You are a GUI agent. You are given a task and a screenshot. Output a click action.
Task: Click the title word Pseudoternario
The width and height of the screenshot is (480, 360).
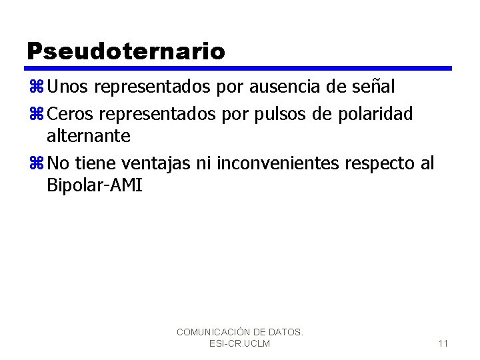click(x=126, y=51)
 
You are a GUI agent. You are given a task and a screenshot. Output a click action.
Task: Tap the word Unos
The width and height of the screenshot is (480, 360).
click(x=69, y=87)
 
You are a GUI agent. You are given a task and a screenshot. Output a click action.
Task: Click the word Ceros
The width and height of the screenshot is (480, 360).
click(x=71, y=114)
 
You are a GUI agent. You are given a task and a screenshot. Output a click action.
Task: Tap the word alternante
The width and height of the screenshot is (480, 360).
click(x=89, y=136)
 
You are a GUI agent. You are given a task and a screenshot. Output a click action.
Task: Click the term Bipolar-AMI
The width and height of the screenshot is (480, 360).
click(x=95, y=185)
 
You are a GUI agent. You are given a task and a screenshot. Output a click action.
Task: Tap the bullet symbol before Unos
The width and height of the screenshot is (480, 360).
click(x=36, y=87)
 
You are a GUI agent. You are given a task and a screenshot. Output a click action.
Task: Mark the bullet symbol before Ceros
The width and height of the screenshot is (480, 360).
click(x=36, y=115)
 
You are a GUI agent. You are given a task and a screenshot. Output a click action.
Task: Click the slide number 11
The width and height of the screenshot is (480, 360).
click(x=443, y=343)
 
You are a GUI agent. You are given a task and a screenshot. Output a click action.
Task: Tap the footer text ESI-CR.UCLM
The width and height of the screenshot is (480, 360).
click(x=239, y=343)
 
